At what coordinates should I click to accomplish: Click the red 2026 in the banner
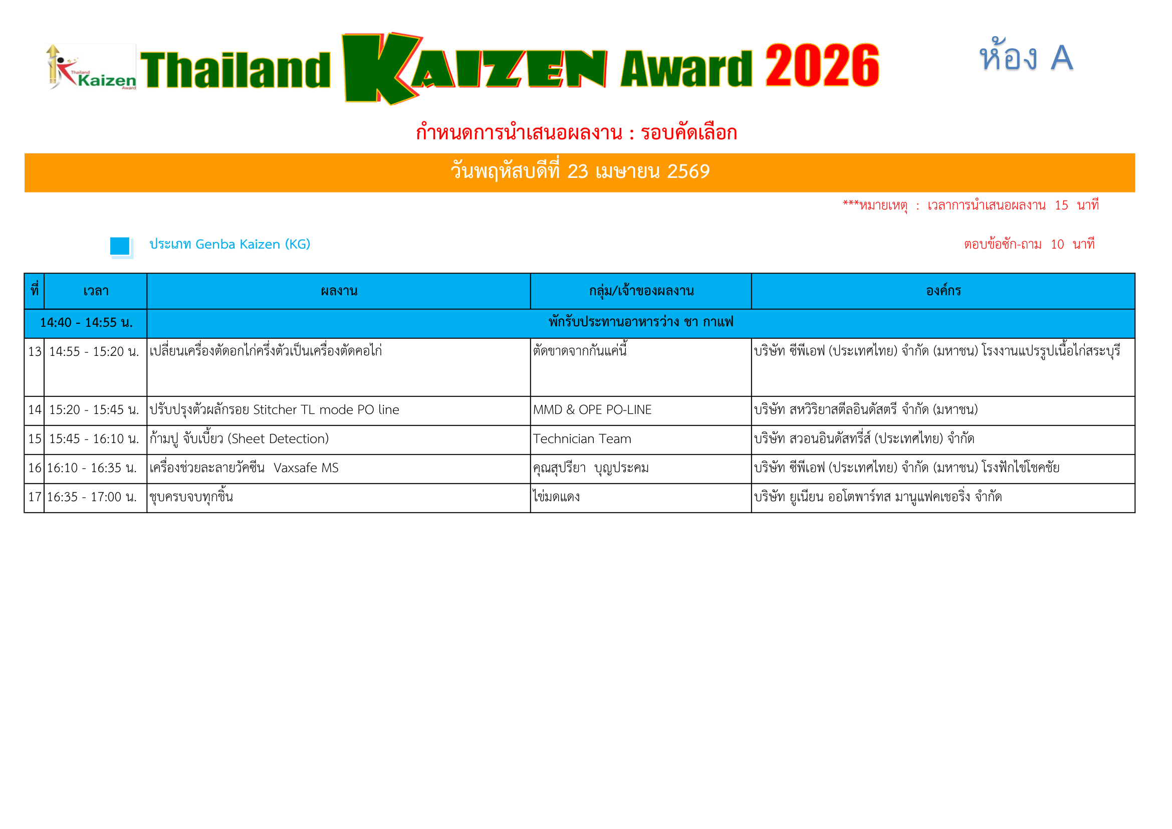pyautogui.click(x=822, y=65)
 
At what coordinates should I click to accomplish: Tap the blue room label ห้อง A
pyautogui.click(x=1026, y=56)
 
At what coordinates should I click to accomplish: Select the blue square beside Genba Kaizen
pyautogui.click(x=120, y=246)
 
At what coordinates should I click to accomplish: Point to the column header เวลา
pyautogui.click(x=96, y=291)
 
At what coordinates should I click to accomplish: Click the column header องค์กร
pyautogui.click(x=944, y=291)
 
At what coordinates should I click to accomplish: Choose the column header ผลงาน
pyautogui.click(x=339, y=291)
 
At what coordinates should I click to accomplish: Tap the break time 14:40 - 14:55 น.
pyautogui.click(x=86, y=323)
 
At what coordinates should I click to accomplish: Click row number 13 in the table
pyautogui.click(x=35, y=352)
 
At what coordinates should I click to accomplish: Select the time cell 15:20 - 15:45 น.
pyautogui.click(x=94, y=410)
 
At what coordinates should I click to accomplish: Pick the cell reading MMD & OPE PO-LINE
pyautogui.click(x=592, y=410)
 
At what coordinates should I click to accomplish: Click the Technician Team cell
pyautogui.click(x=582, y=439)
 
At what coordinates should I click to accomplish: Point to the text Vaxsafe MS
pyautogui.click(x=306, y=468)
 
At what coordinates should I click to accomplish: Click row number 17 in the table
pyautogui.click(x=35, y=497)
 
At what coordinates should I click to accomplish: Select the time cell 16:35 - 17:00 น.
pyautogui.click(x=92, y=497)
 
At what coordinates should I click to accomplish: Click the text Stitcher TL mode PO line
pyautogui.click(x=326, y=410)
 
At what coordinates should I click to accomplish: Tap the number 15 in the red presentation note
pyautogui.click(x=1061, y=205)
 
